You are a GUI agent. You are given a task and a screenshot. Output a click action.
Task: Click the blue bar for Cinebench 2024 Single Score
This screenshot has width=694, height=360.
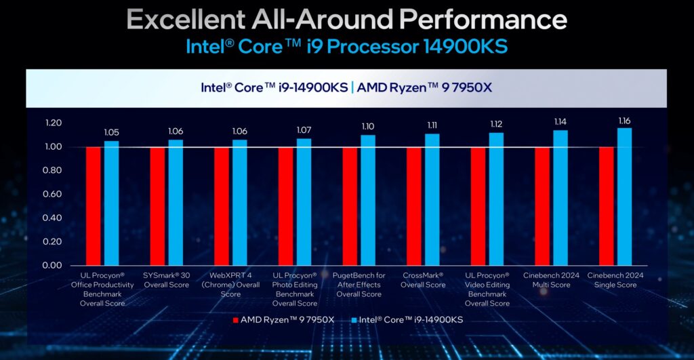tap(624, 197)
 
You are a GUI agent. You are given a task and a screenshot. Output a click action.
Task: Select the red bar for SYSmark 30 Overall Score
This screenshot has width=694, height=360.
tap(157, 206)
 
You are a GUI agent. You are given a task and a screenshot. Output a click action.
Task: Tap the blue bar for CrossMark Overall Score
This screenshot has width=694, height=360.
tap(432, 199)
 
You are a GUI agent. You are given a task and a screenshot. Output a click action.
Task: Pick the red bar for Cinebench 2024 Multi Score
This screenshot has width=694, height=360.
tap(542, 206)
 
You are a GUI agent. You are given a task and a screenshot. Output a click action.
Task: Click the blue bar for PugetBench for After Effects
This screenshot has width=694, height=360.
tap(368, 200)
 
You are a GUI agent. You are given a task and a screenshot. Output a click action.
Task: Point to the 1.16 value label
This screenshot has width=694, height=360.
tap(624, 121)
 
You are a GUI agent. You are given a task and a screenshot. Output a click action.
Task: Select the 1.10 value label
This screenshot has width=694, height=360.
tap(368, 127)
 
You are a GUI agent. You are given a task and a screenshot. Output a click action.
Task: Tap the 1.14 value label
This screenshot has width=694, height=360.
tap(560, 123)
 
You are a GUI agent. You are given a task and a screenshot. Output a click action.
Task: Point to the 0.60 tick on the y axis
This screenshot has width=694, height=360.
tap(53, 195)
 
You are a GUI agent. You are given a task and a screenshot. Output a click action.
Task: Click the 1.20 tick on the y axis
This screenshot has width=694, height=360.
tap(53, 123)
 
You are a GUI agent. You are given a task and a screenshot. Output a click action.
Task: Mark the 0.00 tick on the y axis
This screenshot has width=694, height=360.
tap(53, 266)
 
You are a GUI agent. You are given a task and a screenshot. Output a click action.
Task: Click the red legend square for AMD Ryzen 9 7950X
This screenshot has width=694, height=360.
tap(236, 320)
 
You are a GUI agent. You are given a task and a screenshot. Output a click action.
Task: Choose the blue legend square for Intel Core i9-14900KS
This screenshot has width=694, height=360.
tap(355, 320)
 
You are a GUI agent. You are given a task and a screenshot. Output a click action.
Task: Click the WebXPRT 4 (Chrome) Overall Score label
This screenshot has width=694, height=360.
tap(230, 285)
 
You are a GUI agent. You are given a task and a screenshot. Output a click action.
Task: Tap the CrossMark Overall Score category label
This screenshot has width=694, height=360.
tap(423, 280)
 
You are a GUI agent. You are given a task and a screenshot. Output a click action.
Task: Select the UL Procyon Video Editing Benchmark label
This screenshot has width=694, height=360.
tap(487, 289)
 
